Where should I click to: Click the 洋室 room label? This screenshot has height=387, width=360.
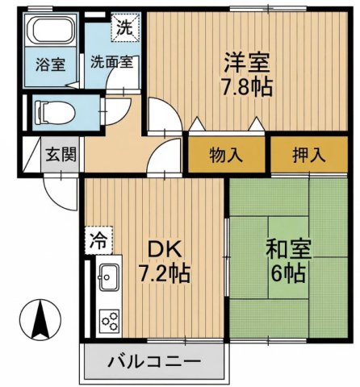tap(246, 61)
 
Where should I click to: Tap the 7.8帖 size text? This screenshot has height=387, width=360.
tap(246, 86)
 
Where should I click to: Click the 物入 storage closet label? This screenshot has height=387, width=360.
tap(226, 154)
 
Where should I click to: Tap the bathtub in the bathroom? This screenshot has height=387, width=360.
tap(50, 35)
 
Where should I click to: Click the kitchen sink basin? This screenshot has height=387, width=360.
tap(107, 280)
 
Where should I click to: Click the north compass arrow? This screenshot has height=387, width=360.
tap(38, 321)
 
